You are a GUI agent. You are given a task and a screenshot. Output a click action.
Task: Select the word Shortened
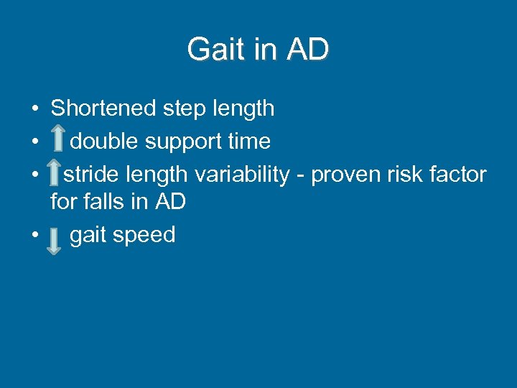(x=103, y=108)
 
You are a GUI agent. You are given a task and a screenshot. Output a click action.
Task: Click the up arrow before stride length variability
(x=54, y=175)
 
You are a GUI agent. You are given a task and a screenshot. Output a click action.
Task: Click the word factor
(x=460, y=174)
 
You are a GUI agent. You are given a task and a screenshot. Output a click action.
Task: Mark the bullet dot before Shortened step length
(x=34, y=110)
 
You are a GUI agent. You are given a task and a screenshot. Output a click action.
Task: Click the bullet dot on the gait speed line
(x=34, y=236)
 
